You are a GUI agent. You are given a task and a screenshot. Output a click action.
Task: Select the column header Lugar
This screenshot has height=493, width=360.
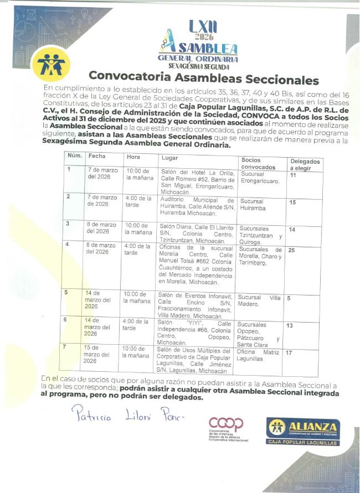click(169, 158)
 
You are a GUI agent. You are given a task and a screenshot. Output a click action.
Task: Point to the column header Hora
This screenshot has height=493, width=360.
click(133, 157)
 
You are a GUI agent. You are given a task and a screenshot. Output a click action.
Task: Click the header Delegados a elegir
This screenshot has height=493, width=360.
click(304, 164)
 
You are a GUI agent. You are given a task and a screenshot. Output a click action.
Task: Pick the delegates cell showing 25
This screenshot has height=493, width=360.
click(291, 250)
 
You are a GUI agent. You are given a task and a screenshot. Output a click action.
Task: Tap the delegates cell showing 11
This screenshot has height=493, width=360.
click(294, 175)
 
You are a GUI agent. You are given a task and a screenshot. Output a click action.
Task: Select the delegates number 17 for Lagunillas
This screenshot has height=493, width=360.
click(290, 352)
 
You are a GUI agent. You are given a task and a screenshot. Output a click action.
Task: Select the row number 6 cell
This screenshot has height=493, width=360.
click(68, 320)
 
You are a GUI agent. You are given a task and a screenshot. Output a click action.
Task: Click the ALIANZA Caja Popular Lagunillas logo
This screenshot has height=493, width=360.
click(302, 430)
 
